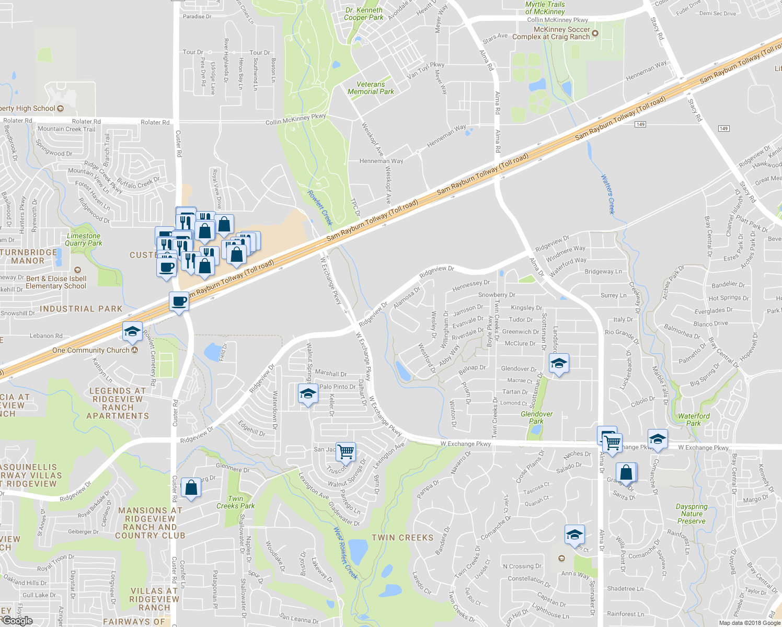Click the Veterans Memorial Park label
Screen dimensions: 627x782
point(371,88)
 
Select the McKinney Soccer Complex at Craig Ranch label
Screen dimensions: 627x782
point(551,33)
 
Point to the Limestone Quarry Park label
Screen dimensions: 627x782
point(84,239)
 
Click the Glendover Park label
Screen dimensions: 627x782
point(536,417)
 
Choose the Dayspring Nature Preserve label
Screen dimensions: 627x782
point(691,514)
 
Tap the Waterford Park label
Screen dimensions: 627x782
point(694,420)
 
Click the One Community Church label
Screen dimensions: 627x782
point(90,350)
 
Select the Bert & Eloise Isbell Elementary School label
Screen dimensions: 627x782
point(56,282)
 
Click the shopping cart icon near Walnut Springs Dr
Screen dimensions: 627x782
point(346,451)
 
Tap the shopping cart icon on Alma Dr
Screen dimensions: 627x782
point(612,442)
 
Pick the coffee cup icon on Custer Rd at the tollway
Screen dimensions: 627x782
point(179,301)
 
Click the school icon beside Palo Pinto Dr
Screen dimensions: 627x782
point(308,394)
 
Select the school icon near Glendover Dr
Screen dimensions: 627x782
point(558,364)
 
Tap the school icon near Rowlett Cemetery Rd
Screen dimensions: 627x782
point(132,332)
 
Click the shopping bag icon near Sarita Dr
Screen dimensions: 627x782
point(626,473)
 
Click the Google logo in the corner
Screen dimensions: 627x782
point(17,621)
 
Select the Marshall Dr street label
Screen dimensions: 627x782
point(330,373)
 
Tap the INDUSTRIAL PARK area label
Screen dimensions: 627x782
point(81,309)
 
